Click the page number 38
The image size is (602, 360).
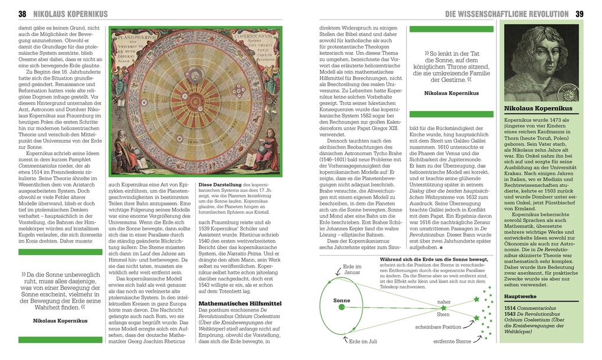coord(22,14)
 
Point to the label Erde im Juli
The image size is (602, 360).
coord(363,341)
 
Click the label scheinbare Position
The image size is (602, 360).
coord(438,326)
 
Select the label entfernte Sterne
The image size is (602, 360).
coord(452,341)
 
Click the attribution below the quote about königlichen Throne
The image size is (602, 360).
coord(446,93)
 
